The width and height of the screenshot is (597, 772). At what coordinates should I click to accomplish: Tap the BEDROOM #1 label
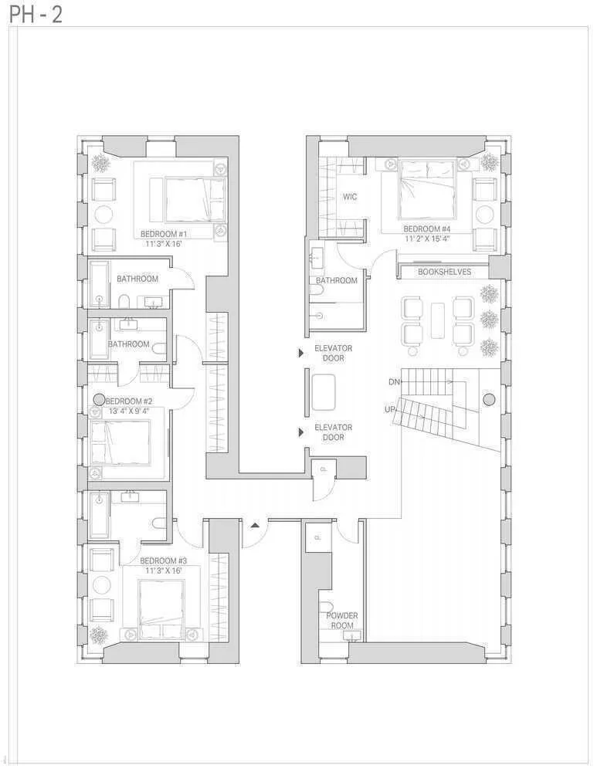164,234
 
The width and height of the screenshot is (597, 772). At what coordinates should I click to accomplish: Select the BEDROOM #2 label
129,401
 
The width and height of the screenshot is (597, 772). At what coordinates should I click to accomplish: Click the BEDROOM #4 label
427,229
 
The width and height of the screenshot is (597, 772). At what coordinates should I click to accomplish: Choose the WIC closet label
350,197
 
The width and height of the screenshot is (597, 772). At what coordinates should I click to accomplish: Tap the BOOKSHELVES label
444,272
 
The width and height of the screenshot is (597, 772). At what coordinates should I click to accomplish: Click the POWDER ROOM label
341,620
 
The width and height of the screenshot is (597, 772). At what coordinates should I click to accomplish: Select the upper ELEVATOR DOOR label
333,353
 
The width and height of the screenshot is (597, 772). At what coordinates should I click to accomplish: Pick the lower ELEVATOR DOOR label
333,432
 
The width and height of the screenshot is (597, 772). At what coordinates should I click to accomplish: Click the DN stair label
394,382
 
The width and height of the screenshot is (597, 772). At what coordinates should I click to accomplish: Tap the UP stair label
390,409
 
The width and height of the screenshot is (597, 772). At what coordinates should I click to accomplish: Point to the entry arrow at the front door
255,525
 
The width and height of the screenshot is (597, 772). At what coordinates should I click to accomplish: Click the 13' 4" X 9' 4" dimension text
127,411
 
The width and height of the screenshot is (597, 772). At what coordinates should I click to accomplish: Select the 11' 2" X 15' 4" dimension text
427,239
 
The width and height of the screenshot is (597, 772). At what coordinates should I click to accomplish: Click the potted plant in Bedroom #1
100,163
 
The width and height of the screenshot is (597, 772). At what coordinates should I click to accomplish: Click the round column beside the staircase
488,399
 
